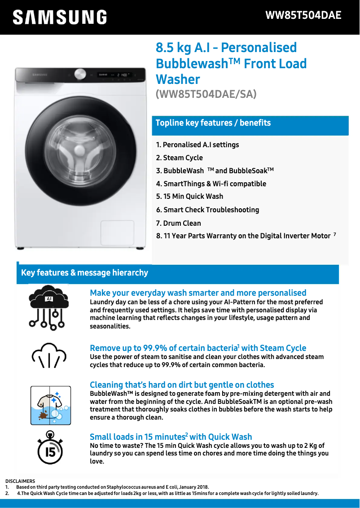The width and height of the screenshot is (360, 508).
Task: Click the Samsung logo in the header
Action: pyautogui.click(x=60, y=17)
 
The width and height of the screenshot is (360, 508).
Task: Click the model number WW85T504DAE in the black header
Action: pyautogui.click(x=303, y=15)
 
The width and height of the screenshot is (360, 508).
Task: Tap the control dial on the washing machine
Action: pyautogui.click(x=80, y=74)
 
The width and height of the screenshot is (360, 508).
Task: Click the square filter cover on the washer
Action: pyautogui.click(x=117, y=232)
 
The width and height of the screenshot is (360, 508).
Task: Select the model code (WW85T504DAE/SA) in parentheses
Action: pyautogui.click(x=206, y=94)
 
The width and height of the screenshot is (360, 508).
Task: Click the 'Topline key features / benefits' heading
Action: pyautogui.click(x=213, y=123)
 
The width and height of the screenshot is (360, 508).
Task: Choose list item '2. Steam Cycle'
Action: pyautogui.click(x=180, y=158)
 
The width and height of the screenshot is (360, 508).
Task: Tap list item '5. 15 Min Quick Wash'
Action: pyautogui.click(x=189, y=196)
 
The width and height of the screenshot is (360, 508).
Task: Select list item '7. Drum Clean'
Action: pyautogui.click(x=179, y=223)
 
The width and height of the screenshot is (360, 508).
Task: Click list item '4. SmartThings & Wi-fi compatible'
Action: pyautogui.click(x=211, y=184)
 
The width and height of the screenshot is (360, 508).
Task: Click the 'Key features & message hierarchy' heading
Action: pyautogui.click(x=84, y=273)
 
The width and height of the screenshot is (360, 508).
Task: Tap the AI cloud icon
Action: pyautogui.click(x=49, y=307)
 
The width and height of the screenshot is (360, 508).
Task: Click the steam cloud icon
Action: pyautogui.click(x=49, y=355)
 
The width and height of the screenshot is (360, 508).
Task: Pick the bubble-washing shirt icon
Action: pyautogui.click(x=51, y=405)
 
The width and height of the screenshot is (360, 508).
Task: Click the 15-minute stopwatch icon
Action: pyautogui.click(x=50, y=448)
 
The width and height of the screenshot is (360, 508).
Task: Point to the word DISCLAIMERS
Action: pyautogui.click(x=20, y=481)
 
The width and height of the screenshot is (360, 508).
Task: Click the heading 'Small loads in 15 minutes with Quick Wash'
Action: pyautogui.click(x=171, y=437)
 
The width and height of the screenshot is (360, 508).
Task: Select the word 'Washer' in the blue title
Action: pyautogui.click(x=178, y=79)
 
